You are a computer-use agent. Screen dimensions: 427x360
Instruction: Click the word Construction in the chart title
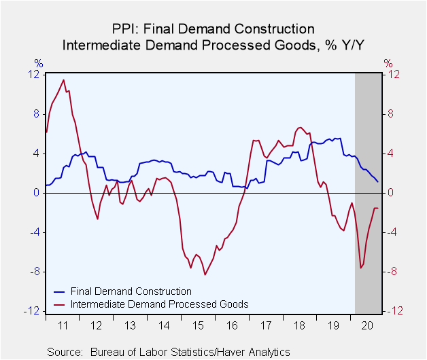274,29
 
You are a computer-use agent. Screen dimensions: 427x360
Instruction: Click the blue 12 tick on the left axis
33,74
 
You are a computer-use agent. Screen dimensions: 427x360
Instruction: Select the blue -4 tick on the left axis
34,232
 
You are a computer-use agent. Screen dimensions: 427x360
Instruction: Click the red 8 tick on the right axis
390,113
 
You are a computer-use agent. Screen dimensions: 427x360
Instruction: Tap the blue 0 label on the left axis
36,193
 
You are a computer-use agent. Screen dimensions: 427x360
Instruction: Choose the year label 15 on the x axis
198,325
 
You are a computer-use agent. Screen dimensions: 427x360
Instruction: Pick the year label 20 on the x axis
367,325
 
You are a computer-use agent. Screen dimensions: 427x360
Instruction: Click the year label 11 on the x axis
63,325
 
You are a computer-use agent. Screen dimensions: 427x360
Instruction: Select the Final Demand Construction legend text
131,291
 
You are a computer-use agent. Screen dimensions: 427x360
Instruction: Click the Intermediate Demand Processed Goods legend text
160,304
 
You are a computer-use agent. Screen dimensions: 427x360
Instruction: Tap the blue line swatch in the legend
59,292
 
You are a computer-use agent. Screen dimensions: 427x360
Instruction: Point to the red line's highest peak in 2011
64,80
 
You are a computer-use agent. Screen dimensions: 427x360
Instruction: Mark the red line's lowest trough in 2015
205,274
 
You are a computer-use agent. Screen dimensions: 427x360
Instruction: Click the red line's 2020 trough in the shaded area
361,268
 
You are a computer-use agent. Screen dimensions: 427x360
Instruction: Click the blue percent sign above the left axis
39,63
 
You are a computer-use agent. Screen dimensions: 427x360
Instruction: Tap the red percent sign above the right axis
388,63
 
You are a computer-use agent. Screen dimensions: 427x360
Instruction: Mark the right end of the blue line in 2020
378,182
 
